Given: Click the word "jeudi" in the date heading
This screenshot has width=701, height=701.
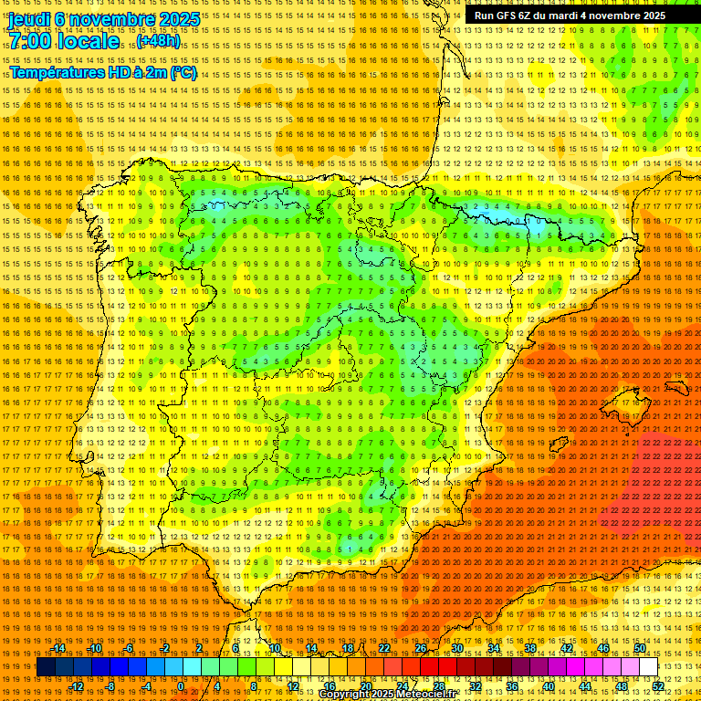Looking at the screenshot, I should pos(27,18).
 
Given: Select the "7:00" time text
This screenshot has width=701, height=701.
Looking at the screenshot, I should pos(31,41).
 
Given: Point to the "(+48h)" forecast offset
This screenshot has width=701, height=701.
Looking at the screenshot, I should pos(158,41).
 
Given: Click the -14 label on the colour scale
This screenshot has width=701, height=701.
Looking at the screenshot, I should pos(59,648).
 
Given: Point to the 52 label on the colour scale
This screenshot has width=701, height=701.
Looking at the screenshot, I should pos(658,686).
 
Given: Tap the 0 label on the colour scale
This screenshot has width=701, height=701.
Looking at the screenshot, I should pos(180,686).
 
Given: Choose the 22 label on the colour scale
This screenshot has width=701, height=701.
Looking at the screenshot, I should pos(383,648).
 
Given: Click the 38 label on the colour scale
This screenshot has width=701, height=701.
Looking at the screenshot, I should pos(529,648).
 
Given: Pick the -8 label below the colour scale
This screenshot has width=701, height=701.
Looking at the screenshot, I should pos(111,686).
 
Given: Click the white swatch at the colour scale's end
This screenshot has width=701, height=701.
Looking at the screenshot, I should pos(648,667).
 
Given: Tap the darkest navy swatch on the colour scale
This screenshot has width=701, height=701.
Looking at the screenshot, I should pos(46,667).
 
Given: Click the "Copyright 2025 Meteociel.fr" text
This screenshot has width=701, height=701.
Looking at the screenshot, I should pos(400,695).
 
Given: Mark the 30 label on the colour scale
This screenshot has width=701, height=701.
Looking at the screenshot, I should pos(456,648).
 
